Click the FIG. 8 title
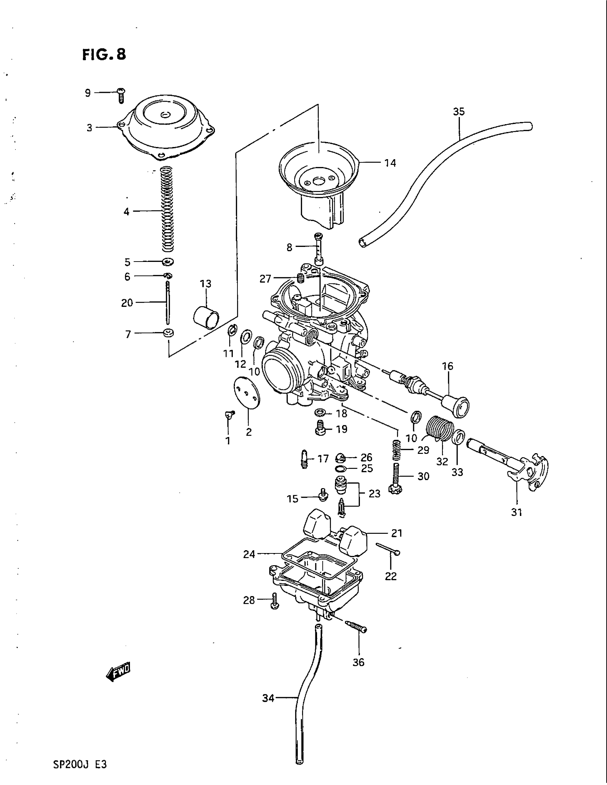(104, 55)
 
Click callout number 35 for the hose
(459, 112)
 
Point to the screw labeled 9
(121, 95)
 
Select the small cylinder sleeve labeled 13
(206, 315)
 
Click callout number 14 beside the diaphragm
(390, 163)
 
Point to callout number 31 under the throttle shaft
(516, 512)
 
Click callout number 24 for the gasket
(249, 554)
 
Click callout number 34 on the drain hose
(268, 698)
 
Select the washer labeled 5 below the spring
(167, 262)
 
